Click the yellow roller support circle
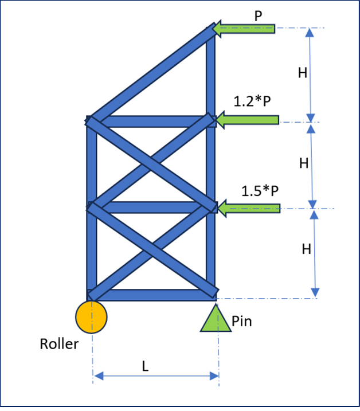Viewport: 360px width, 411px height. pyautogui.click(x=91, y=317)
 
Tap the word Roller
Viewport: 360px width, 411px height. pyautogui.click(x=59, y=344)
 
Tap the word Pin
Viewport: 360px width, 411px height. pyautogui.click(x=242, y=322)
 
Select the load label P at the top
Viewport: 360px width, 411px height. pyautogui.click(x=258, y=15)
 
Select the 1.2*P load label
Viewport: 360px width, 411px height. pyautogui.click(x=252, y=101)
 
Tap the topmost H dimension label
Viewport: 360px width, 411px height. pyautogui.click(x=303, y=73)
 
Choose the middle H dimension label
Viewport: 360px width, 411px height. pyautogui.click(x=304, y=163)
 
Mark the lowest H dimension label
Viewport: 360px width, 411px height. pyautogui.click(x=307, y=249)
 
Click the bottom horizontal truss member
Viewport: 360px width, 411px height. pyautogui.click(x=154, y=295)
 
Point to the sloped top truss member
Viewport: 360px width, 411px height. pyautogui.click(x=150, y=74)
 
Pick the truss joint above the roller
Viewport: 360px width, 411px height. pyautogui.click(x=92, y=295)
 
